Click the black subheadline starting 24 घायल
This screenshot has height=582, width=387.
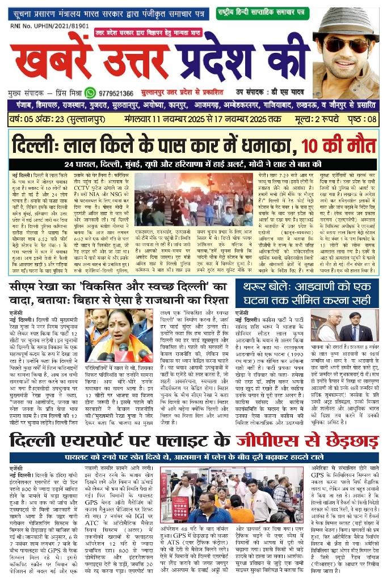[x=192, y=164]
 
